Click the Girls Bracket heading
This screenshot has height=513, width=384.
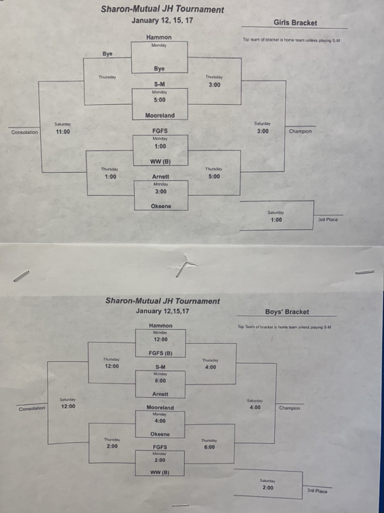[295, 23]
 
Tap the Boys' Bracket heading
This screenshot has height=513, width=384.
[287, 312]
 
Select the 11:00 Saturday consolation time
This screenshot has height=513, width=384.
[63, 132]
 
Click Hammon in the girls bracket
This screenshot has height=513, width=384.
[159, 37]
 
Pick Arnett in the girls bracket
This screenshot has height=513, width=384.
[161, 177]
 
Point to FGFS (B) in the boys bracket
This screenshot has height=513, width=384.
[160, 353]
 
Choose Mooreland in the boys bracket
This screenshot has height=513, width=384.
[160, 407]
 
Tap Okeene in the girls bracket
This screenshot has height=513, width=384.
[161, 207]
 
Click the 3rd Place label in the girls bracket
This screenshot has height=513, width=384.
[328, 220]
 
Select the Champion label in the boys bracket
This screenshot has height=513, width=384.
[289, 408]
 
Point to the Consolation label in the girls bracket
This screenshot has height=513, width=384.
[25, 132]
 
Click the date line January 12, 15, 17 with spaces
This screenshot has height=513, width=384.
[162, 20]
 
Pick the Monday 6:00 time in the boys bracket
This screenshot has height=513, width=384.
[160, 381]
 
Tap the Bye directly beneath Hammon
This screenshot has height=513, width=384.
[159, 69]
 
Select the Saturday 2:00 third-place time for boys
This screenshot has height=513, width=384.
[267, 487]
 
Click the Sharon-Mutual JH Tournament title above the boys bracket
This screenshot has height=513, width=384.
[162, 301]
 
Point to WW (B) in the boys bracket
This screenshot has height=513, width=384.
[160, 473]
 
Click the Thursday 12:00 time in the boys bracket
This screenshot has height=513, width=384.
[112, 366]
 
